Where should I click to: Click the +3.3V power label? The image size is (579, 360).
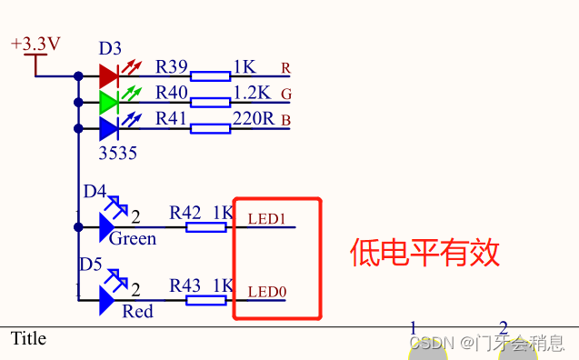point(35,44)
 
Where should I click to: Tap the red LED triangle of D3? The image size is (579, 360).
point(108,75)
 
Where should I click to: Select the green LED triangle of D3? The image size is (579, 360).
point(108,102)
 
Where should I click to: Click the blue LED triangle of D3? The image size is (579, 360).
point(108,128)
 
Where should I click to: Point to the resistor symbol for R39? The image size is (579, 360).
point(210,75)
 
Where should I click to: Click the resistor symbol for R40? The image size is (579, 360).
point(210,102)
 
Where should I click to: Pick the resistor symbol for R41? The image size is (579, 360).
point(210,128)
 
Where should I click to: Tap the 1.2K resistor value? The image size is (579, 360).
point(252,92)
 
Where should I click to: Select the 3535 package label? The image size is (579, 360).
point(117,154)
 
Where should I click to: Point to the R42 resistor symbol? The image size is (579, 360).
point(206,226)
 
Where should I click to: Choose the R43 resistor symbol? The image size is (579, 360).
point(206,297)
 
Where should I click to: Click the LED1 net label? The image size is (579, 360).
point(267,219)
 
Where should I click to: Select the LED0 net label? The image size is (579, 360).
point(267,292)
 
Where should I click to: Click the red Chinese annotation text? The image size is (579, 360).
point(425,252)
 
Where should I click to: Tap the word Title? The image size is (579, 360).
point(28,338)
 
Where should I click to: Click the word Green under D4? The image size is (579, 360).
point(133,239)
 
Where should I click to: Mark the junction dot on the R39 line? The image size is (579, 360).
point(78,75)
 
